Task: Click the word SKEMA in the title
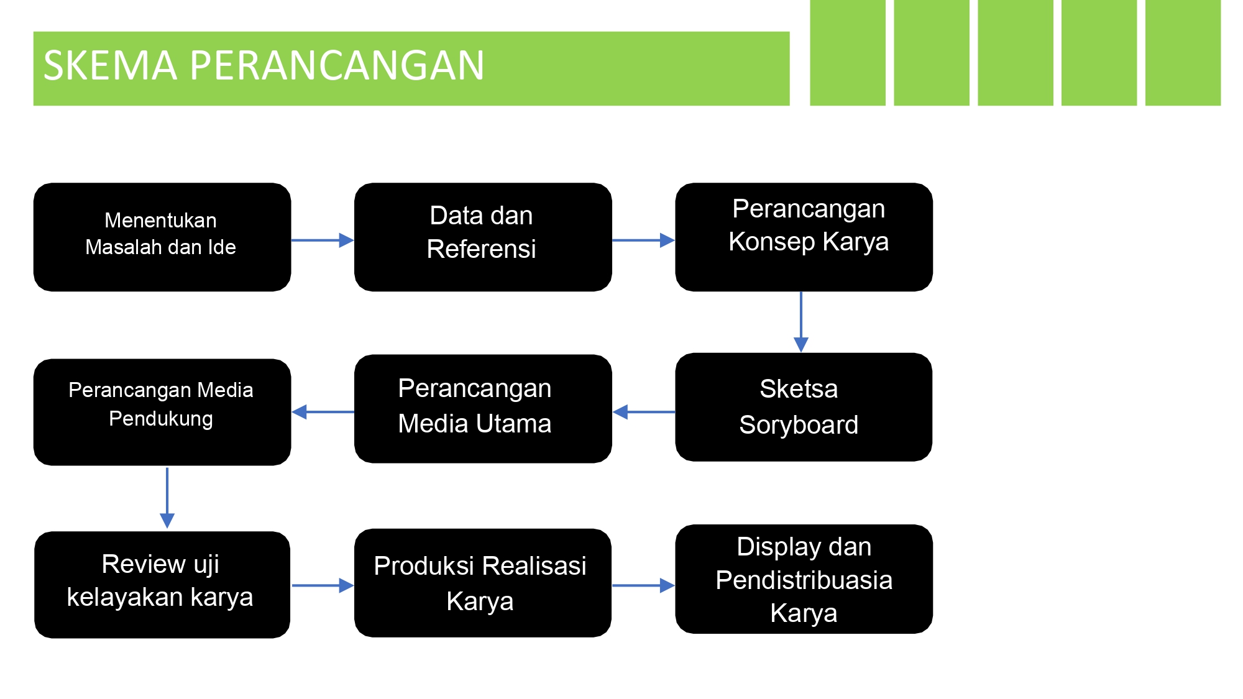pos(110,65)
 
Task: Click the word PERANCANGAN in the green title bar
pos(337,65)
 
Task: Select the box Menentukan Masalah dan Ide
pos(162,237)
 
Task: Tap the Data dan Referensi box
pos(483,237)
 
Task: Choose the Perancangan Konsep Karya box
pos(804,237)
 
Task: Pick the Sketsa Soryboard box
pos(804,407)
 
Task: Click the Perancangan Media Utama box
pos(483,409)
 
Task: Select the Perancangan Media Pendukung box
pos(162,412)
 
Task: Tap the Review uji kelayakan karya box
pos(162,585)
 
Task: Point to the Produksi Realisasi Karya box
pos(483,583)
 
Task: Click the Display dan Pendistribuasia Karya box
pos(804,579)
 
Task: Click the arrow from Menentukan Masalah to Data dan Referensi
pos(323,240)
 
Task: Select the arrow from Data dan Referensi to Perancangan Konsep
pos(644,240)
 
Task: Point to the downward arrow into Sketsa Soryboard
pos(801,322)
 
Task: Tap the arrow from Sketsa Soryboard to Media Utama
pos(644,412)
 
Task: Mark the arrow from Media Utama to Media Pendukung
pos(323,412)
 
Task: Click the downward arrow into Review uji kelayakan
pos(167,498)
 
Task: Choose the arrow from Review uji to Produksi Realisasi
pos(323,585)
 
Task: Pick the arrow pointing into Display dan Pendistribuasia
pos(644,585)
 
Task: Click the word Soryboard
pos(799,425)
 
